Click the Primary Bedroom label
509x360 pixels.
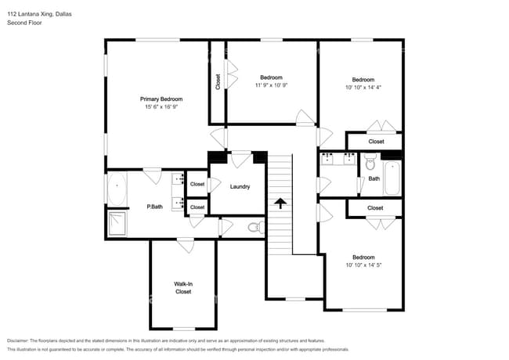161,99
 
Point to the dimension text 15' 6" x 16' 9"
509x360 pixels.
161,108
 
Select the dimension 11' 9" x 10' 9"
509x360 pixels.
271,85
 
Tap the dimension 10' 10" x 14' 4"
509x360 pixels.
363,88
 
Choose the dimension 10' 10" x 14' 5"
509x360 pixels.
363,265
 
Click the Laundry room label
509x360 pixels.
240,186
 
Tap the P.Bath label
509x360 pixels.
154,207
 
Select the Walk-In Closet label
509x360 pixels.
182,287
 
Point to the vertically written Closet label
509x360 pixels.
218,82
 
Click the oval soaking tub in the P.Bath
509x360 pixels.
116,190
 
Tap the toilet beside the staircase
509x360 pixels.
253,228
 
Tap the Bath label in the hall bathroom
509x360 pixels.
374,178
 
